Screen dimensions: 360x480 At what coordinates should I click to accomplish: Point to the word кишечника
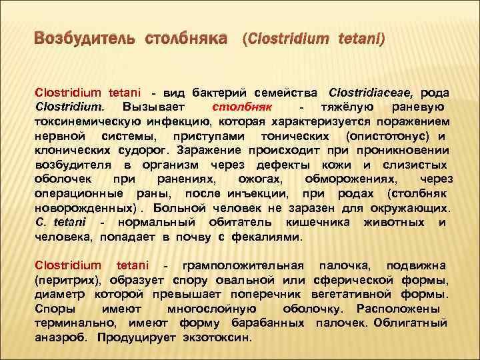coord(314,223)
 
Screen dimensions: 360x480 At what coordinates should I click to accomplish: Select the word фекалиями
coord(271,237)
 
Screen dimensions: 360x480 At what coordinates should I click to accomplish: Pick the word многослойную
coord(211,309)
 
